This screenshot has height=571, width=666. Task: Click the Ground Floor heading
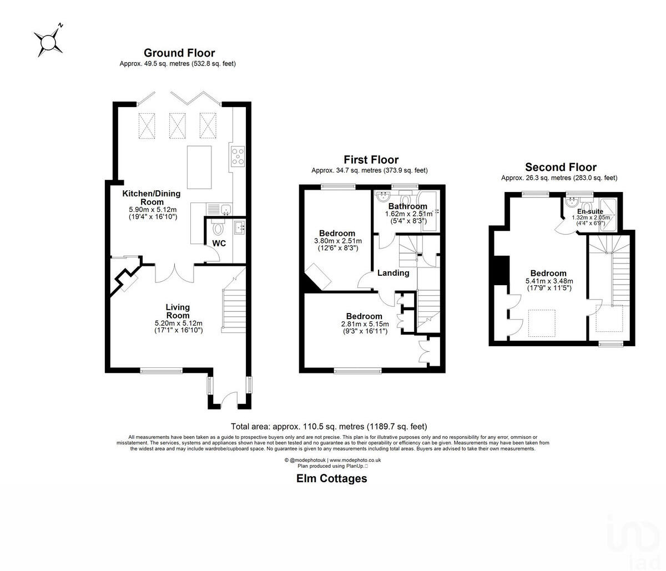[179, 53]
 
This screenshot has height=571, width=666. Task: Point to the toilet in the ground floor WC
[218, 228]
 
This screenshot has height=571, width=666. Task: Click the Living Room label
[178, 311]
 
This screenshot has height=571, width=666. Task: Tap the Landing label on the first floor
[393, 272]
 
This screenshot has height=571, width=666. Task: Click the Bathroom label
[408, 206]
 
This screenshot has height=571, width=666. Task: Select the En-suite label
[590, 211]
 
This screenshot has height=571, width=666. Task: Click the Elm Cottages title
[331, 478]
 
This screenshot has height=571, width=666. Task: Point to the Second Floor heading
[561, 167]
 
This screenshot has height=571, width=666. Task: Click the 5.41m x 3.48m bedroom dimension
[548, 281]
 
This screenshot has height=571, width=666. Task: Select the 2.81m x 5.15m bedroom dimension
[365, 324]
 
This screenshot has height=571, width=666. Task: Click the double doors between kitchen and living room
[175, 272]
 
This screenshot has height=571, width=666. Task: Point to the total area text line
[329, 427]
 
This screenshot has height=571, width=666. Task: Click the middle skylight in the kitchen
[176, 124]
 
